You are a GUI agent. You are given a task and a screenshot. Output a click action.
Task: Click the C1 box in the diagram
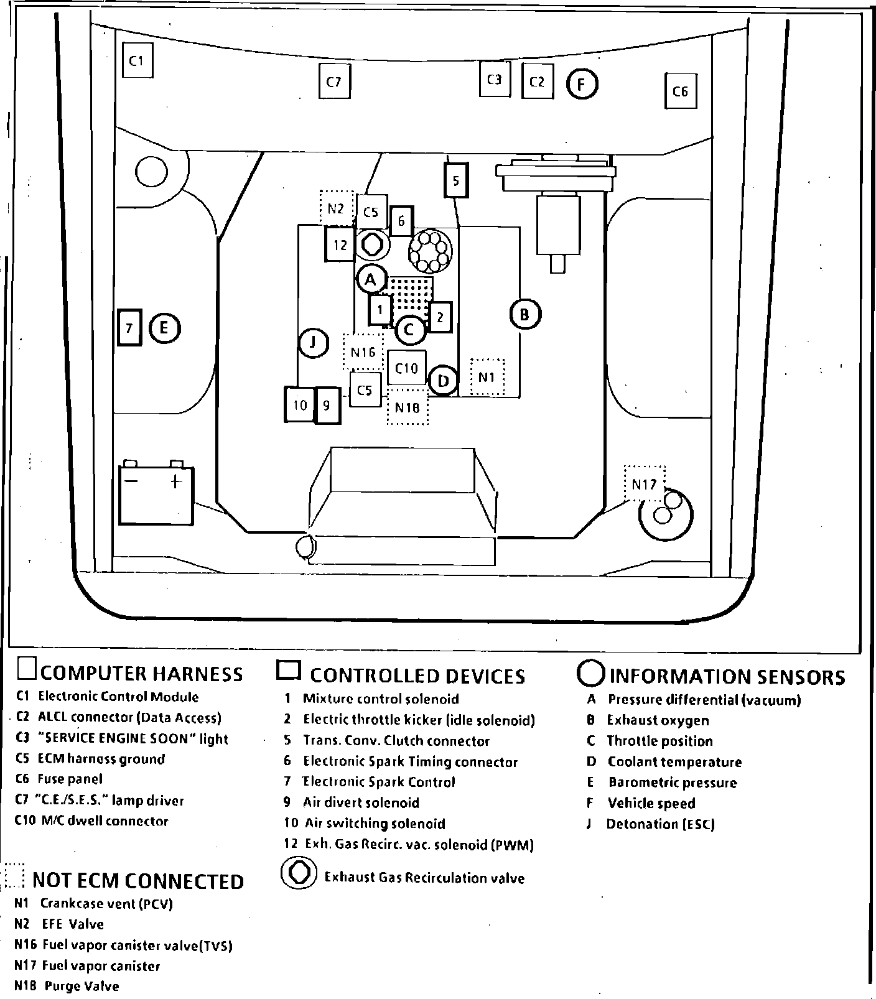point(137,60)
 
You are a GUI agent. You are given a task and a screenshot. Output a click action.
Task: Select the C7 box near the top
point(334,81)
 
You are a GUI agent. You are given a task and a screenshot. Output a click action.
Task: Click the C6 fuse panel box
point(680,91)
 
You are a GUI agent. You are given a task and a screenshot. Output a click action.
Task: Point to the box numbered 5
point(456,181)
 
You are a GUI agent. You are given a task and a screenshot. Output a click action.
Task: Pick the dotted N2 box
point(336,209)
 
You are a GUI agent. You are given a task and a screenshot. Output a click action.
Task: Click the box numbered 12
point(340,244)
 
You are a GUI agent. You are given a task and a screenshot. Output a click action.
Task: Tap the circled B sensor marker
point(524,314)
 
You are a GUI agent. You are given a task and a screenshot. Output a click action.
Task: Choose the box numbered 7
point(129,327)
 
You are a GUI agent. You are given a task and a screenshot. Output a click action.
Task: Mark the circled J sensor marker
point(314,342)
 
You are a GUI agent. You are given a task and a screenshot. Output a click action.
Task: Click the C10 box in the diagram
point(407,368)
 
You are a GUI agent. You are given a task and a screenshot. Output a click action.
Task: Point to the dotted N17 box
point(644,484)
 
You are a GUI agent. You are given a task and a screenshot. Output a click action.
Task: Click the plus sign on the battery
point(175,481)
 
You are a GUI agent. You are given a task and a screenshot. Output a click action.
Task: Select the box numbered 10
point(300,405)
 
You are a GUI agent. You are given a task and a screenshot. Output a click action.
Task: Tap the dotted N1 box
point(487,377)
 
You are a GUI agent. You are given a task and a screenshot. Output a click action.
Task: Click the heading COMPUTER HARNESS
point(141,674)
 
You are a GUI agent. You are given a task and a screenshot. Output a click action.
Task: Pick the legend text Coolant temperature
point(674,762)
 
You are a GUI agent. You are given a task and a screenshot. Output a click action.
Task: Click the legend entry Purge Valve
point(82,986)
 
